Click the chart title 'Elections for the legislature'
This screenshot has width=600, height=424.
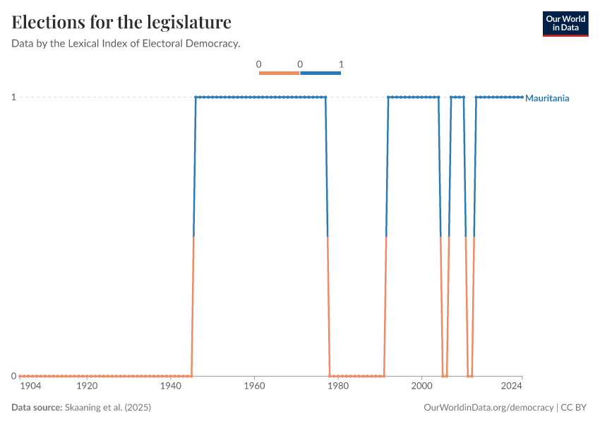coord(121,22)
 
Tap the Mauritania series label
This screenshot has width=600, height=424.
coord(547,98)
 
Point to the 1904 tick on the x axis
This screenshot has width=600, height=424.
coord(30,387)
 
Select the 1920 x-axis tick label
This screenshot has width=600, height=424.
coord(87,387)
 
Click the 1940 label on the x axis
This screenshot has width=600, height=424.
coord(170,387)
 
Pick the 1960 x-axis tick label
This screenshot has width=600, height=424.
coord(254,387)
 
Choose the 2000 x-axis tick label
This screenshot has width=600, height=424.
coord(421,387)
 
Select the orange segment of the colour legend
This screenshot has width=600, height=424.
coord(280,73)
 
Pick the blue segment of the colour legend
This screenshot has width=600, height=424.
coord(320,73)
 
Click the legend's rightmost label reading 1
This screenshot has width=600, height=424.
coord(341,64)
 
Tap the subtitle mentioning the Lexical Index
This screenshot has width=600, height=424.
coord(126,43)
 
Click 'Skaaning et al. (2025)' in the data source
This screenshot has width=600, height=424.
coord(108,408)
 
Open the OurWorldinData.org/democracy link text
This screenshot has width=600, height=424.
coord(488,408)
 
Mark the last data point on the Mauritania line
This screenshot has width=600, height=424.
coord(522,97)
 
